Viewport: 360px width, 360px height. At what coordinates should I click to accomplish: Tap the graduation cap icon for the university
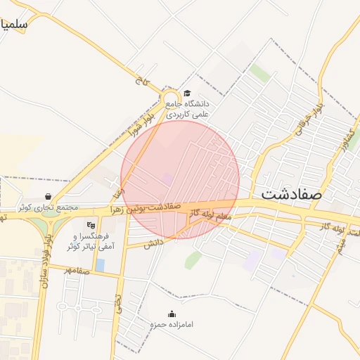point(187,94)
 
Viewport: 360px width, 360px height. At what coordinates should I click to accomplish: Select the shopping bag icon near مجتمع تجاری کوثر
point(47,197)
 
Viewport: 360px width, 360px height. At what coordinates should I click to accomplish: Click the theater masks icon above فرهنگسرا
point(90,225)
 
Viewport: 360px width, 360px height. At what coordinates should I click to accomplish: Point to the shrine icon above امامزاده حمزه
point(172,314)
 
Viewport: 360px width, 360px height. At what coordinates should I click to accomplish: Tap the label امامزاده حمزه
point(172,325)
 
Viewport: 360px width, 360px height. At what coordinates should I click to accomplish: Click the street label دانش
point(153,243)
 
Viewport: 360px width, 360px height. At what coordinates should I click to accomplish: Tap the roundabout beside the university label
point(171,99)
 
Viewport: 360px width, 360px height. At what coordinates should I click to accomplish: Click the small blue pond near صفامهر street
point(100,265)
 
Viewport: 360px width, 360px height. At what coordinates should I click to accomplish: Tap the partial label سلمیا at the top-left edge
point(14,24)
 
